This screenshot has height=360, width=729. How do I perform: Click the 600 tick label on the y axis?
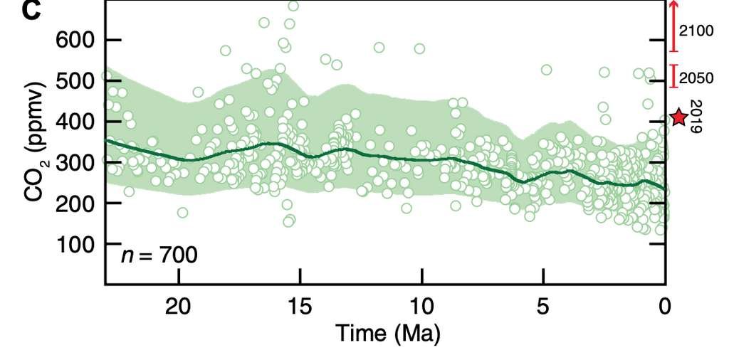click(74, 40)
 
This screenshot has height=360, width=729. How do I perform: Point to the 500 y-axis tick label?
click(74, 81)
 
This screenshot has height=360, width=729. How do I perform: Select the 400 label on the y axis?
click(74, 122)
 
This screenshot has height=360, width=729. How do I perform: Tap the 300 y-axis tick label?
click(74, 162)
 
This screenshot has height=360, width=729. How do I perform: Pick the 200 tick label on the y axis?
click(74, 203)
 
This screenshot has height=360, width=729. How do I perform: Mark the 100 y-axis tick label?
click(74, 244)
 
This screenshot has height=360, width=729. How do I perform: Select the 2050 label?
click(696, 78)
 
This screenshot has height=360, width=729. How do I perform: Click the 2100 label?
click(696, 31)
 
